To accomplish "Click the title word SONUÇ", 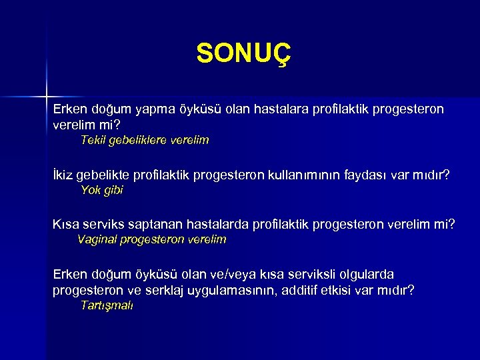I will (244, 53).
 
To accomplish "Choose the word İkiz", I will (63, 175).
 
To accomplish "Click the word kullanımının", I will (305, 175).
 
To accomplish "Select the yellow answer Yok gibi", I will (101, 190).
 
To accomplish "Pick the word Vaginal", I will (97, 239).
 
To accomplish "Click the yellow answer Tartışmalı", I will (107, 305).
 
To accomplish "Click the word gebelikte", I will (104, 175).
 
